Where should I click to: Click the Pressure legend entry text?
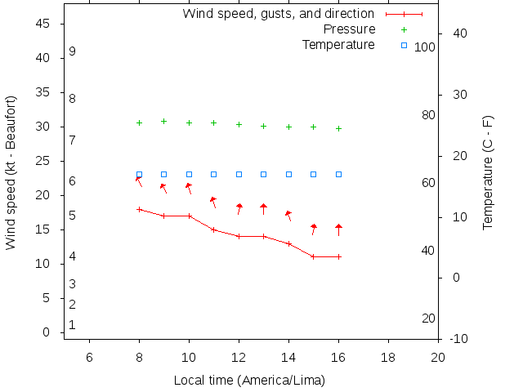[349, 29]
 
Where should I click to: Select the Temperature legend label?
[338, 44]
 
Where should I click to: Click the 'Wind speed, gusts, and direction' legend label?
[278, 14]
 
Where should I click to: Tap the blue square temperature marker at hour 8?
[139, 174]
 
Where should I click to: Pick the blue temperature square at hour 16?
[338, 174]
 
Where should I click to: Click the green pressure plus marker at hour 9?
[163, 121]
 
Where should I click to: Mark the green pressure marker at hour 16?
[338, 128]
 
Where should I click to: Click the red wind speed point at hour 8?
[139, 209]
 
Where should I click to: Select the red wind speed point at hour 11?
[213, 229]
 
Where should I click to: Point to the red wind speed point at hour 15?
[313, 256]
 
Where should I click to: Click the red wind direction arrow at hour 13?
[263, 209]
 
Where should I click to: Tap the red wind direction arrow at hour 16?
[338, 229]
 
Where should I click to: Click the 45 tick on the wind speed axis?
[44, 24]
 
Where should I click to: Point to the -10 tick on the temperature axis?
[458, 338]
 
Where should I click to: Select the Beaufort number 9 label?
[73, 51]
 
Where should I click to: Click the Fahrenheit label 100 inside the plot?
[425, 47]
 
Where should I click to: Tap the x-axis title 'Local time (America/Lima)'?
[249, 381]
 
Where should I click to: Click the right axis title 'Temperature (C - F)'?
[488, 171]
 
